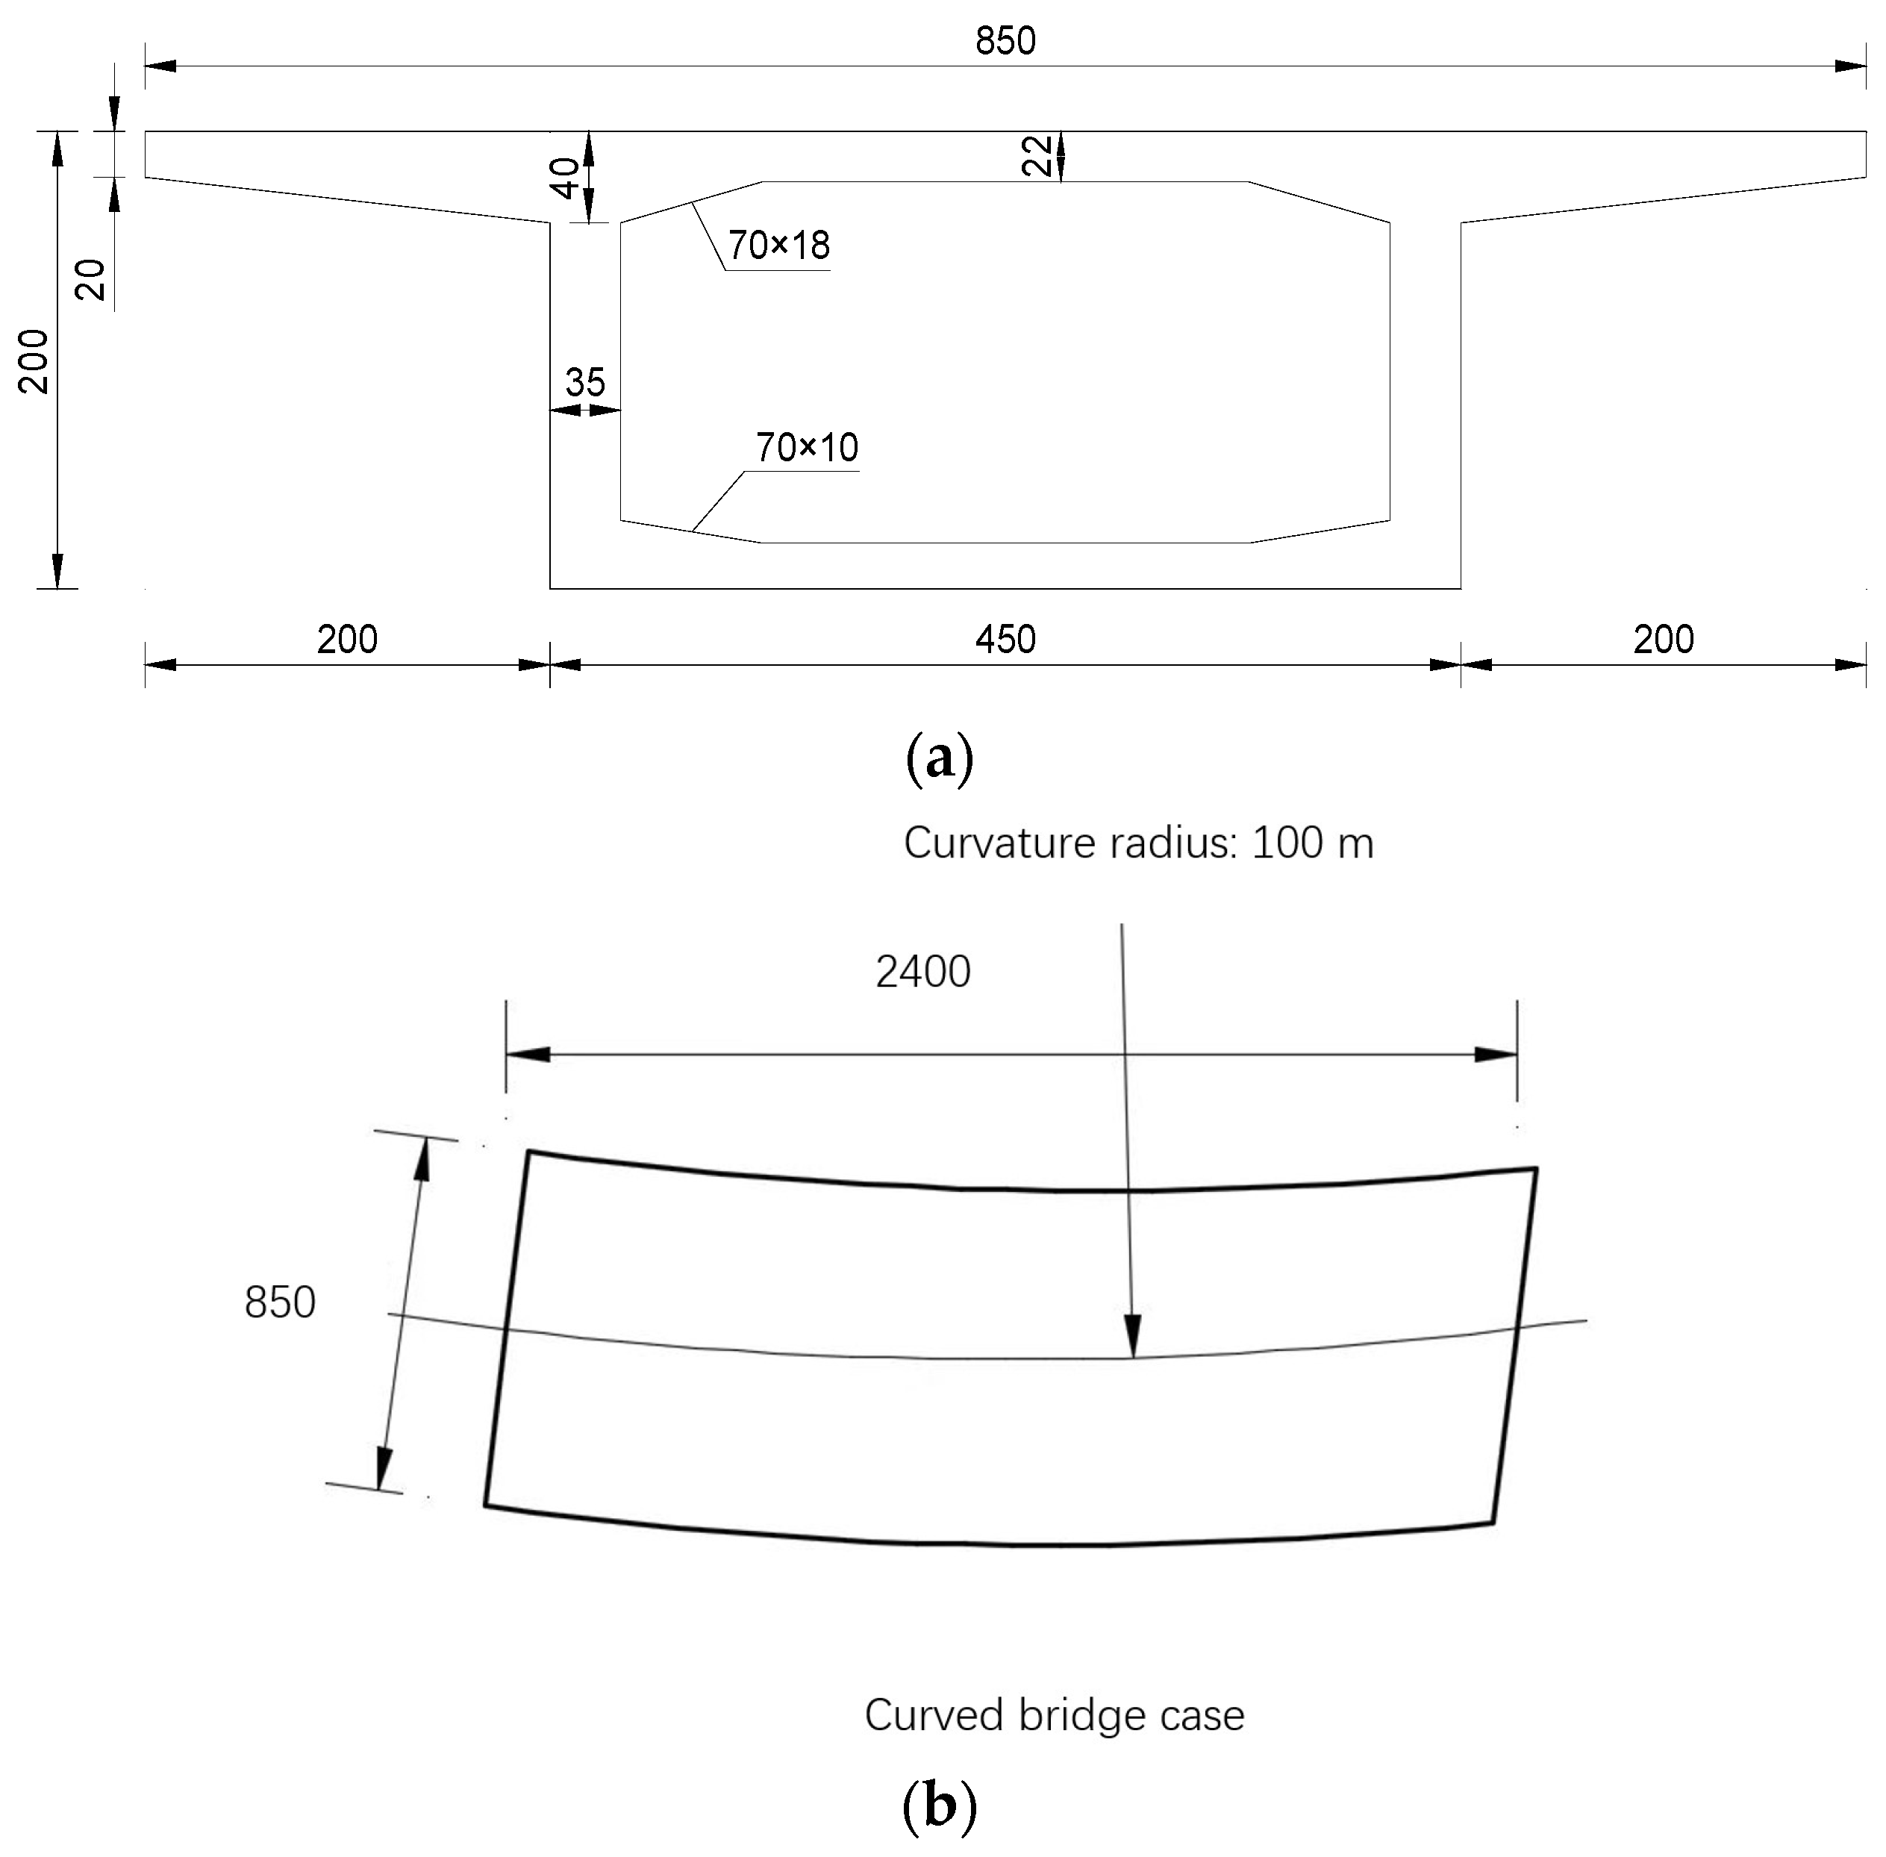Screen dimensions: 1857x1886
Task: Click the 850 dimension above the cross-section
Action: pos(1005,41)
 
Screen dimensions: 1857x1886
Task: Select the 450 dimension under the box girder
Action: pos(1005,640)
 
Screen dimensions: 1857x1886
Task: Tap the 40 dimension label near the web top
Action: pos(566,178)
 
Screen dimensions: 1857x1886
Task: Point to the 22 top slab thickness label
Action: pos(1037,156)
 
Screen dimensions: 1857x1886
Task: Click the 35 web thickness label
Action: pos(585,382)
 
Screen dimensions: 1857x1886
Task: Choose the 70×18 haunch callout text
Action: pos(779,246)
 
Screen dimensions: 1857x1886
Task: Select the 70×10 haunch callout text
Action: pos(807,448)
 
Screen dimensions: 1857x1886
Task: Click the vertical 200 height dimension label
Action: pos(35,361)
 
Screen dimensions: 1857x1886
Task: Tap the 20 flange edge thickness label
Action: pos(91,280)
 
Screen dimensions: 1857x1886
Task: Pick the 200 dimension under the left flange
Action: pos(347,640)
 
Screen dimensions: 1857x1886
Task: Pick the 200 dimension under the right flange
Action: pos(1663,640)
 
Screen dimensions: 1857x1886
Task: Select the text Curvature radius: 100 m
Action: pos(1138,843)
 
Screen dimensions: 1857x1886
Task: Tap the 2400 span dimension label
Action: pos(922,973)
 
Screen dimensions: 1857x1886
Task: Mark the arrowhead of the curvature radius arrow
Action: pos(1131,1338)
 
